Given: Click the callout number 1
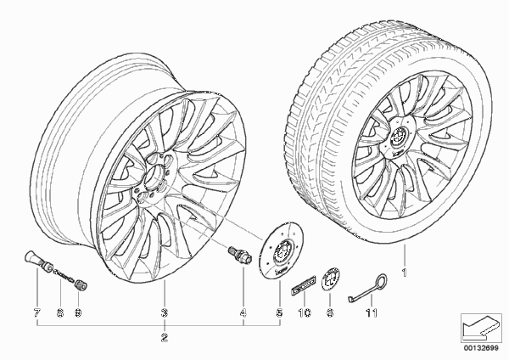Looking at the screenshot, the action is pos(404,273).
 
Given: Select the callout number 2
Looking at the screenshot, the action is pos(165,338).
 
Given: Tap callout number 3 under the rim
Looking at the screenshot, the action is pos(165,313).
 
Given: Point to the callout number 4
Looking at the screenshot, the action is pos(243,313).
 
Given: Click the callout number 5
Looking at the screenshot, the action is pos(279,313).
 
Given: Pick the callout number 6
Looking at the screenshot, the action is pos(330,313).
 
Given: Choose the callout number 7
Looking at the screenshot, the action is pos(36,313).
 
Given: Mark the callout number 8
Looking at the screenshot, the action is pos(60,313).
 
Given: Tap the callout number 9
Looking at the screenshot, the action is pos(78,313).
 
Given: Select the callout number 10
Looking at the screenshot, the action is pos(305,313).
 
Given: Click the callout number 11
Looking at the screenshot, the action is pos(372,313).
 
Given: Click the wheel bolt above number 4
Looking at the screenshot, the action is pos(239,255).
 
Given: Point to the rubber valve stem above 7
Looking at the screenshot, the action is pos(39,261).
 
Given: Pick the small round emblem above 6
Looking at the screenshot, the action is pos(330,278).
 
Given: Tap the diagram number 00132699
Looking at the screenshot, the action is pos(481,348).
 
